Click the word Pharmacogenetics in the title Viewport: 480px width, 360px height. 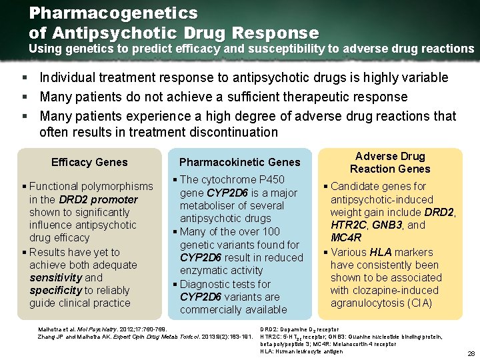tap(113, 13)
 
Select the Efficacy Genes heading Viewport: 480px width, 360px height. tap(89, 162)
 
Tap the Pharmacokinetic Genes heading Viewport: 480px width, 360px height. tap(240, 162)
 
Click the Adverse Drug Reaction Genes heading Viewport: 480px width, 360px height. tap(390, 163)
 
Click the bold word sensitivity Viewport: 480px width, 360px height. tap(55, 277)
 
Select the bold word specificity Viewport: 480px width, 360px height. tap(55, 290)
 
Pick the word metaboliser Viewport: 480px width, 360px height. tap(207, 205)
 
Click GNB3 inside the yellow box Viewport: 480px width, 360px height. tap(387, 225)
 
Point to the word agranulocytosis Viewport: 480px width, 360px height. tap(365, 303)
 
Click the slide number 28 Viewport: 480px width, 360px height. tap(471, 353)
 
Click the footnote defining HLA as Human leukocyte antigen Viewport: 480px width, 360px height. tap(302, 352)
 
